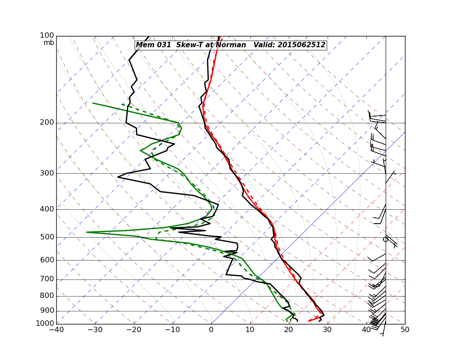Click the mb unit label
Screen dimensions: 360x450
click(x=49, y=43)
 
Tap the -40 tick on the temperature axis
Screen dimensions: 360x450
click(x=56, y=330)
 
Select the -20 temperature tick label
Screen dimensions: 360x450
click(x=134, y=330)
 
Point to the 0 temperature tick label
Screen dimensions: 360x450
click(x=211, y=330)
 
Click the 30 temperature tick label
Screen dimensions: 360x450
click(x=328, y=330)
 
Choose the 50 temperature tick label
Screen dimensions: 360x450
click(x=405, y=330)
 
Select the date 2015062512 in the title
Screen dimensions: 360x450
click(x=301, y=45)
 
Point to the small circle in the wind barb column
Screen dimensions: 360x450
click(x=385, y=239)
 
